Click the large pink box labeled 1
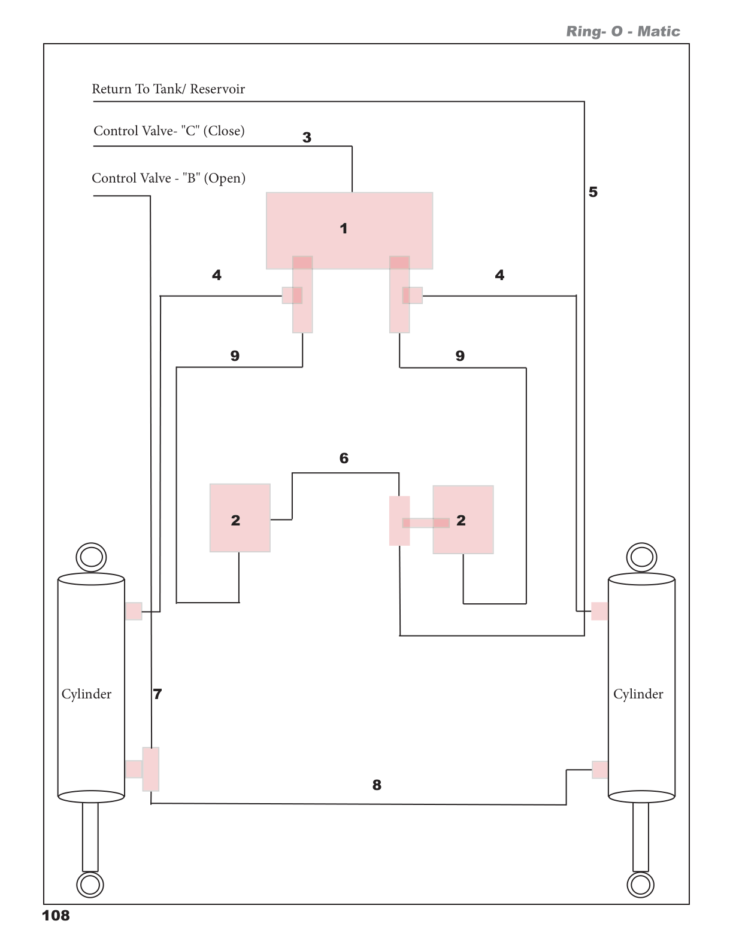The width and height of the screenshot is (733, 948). [349, 230]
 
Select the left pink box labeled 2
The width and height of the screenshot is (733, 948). [240, 518]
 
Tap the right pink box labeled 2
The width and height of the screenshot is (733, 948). [464, 519]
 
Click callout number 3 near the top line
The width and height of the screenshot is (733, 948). [307, 138]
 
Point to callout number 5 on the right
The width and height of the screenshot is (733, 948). [593, 192]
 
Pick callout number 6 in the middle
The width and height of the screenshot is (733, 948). [344, 458]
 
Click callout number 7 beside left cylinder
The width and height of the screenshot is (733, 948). [157, 694]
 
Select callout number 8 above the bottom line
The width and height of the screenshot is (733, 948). [377, 785]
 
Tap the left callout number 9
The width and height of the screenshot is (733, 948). [235, 356]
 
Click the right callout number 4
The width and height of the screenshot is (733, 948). [499, 275]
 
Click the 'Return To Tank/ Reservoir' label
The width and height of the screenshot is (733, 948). [168, 89]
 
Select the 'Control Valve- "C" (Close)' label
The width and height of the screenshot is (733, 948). [169, 131]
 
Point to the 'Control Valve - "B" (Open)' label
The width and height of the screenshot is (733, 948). [168, 178]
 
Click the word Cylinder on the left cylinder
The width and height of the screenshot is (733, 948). [86, 694]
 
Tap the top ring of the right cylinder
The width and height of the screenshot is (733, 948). [641, 557]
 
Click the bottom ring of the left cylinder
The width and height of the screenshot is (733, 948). [90, 885]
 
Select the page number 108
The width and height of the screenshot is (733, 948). [56, 916]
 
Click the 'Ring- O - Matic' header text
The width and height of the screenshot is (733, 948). [623, 32]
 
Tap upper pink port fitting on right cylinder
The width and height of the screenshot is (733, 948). [599, 611]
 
